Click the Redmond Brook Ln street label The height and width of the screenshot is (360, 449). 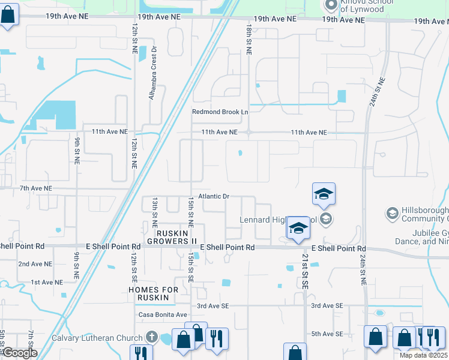(220, 112)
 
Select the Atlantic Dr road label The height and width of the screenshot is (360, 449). (218, 196)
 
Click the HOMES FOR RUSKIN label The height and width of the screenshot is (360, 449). (154, 290)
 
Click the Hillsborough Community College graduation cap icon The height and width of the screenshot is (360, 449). (392, 213)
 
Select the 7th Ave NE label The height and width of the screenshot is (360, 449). (36, 188)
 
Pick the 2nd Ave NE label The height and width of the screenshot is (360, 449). (35, 264)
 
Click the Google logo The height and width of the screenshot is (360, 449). (19, 353)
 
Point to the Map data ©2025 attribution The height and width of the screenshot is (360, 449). (423, 355)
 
